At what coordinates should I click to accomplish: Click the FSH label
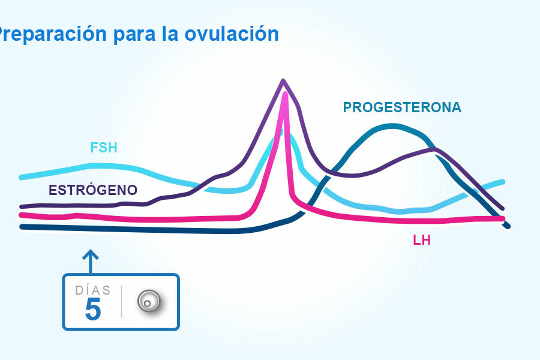[x=104, y=148]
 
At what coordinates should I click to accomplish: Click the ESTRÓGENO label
[x=93, y=191]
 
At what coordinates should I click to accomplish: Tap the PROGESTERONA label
[x=402, y=107]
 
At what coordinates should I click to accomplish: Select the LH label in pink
[x=422, y=241]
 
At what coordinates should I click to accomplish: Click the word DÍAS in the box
[x=93, y=290]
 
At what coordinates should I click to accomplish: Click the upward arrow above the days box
[x=90, y=261]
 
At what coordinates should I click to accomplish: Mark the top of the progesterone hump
[x=393, y=126]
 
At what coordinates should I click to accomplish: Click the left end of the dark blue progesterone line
[x=22, y=227]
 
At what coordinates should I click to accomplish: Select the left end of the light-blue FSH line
[x=22, y=177]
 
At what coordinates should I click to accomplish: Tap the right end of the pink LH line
[x=502, y=218]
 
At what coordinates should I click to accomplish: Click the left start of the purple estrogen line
[x=22, y=206]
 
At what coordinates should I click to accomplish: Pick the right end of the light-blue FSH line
[x=502, y=181]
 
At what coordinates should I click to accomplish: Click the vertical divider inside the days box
[x=122, y=302]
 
